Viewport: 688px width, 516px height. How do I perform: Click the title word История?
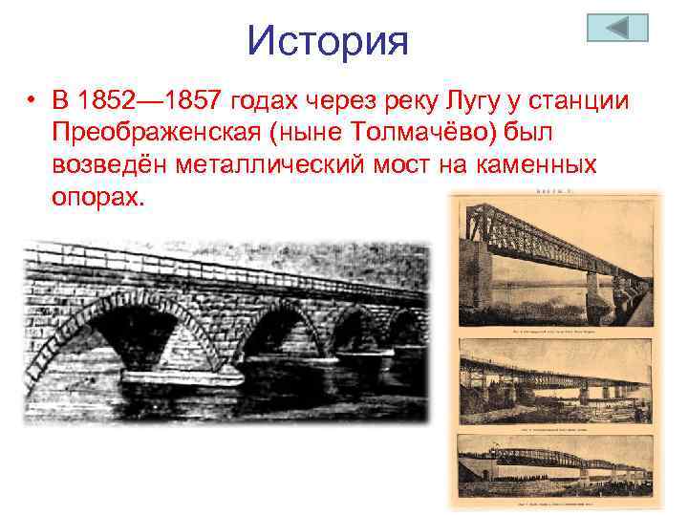pos(328,40)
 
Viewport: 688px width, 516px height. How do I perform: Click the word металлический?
pos(281,165)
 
